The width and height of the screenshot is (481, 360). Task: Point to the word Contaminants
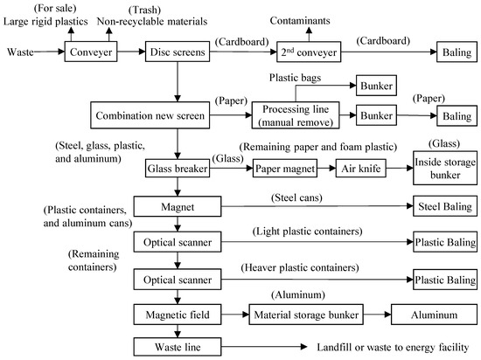[300, 17]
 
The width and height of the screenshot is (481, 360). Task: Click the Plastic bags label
[298, 78]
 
